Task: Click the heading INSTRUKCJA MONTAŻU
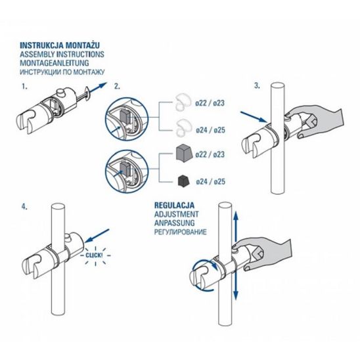tap(60, 45)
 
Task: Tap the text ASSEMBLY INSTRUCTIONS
tap(62, 55)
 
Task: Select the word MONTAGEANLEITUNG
tap(54, 63)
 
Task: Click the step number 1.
tap(24, 87)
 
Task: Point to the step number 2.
tap(117, 86)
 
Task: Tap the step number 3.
tap(257, 85)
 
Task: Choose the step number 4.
tap(24, 207)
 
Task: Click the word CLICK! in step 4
tap(94, 256)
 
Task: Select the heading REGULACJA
tap(174, 205)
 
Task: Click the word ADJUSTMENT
tap(176, 214)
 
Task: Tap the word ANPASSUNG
tap(174, 223)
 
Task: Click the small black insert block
tap(184, 181)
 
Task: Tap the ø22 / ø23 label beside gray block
tap(210, 154)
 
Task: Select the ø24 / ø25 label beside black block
tap(210, 181)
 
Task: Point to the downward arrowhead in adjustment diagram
tap(236, 295)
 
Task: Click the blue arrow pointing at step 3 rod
tap(254, 117)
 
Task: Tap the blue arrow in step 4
tap(97, 236)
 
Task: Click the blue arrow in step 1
tap(99, 88)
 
